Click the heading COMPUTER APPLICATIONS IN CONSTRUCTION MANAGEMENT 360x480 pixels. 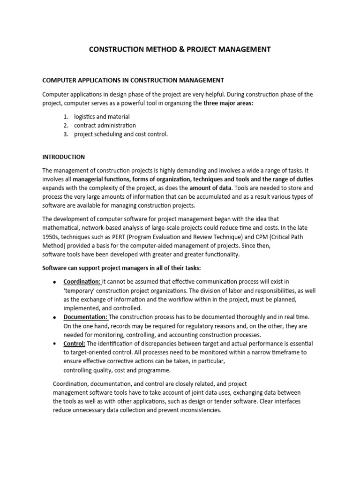[x=133, y=80]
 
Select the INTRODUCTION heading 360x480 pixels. [x=64, y=157]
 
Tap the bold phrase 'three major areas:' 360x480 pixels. [x=228, y=103]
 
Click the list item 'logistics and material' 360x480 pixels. [x=102, y=116]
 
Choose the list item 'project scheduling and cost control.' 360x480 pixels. [x=120, y=134]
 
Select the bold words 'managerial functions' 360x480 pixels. [x=101, y=179]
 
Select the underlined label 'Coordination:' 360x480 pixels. [x=82, y=281]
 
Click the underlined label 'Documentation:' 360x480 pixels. [x=86, y=317]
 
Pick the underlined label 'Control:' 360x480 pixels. [x=75, y=344]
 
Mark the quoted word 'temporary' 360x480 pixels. [x=82, y=290]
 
